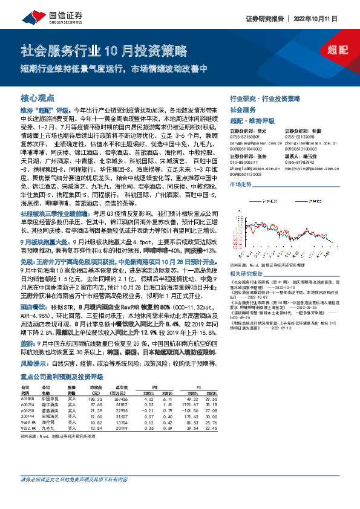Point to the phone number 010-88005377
pyautogui.click(x=244, y=161)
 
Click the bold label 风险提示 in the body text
pyautogui.click(x=34, y=365)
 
